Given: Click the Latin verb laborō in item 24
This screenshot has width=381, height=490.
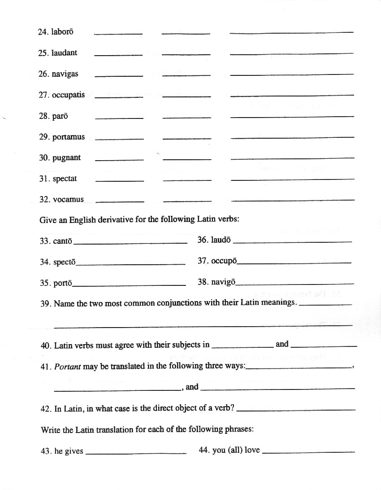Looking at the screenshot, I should (x=62, y=32).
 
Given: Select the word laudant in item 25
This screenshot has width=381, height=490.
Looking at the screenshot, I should (x=64, y=52).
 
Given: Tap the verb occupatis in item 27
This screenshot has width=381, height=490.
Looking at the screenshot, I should (x=68, y=95).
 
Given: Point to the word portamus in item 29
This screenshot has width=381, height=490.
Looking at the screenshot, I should (x=69, y=137).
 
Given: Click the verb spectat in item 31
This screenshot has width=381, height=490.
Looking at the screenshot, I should (x=65, y=179).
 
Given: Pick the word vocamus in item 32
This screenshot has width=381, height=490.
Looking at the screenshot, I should (x=68, y=199).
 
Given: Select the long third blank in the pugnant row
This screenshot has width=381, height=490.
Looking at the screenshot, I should (x=292, y=158).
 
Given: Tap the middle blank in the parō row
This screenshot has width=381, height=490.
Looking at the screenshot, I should (x=186, y=118).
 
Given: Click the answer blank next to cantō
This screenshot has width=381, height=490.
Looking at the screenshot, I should (x=130, y=243).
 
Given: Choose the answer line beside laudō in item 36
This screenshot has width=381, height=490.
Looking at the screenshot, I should (x=293, y=242).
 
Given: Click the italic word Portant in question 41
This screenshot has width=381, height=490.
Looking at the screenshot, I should (x=68, y=366).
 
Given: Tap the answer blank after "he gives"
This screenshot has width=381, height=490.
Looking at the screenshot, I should (x=135, y=453).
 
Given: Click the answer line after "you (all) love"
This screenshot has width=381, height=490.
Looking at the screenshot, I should (x=308, y=452).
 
